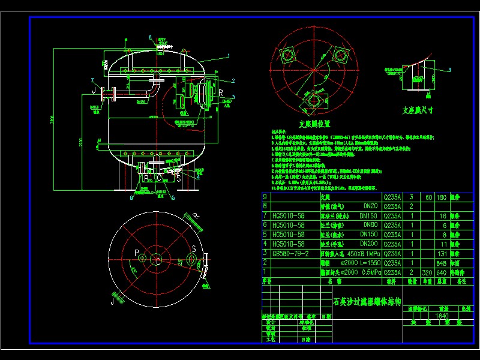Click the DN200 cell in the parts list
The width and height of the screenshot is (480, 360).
coord(369,244)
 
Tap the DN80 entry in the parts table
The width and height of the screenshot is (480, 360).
coord(369,225)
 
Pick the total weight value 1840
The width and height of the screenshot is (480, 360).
coord(442,316)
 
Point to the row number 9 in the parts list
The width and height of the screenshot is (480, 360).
coord(265,196)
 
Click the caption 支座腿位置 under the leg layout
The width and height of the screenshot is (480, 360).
coord(315,124)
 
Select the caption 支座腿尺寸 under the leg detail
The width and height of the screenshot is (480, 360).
coord(418,110)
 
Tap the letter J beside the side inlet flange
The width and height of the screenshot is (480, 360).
coord(94,91)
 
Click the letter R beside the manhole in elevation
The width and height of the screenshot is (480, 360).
coord(221,93)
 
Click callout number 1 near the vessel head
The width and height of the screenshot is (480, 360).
coord(228,55)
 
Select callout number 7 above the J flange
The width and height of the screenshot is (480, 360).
coord(92,80)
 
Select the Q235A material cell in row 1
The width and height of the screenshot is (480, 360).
coord(392,273)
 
